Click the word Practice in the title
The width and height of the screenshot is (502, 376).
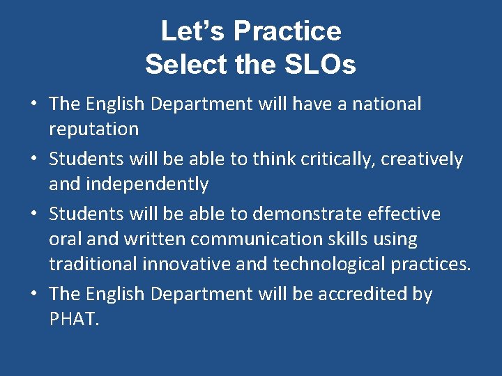[x=287, y=31]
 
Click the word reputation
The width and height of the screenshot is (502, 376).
[x=93, y=130]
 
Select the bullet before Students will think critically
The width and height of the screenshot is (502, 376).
[x=33, y=159]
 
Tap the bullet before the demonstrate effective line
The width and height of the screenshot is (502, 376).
[x=33, y=214]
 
